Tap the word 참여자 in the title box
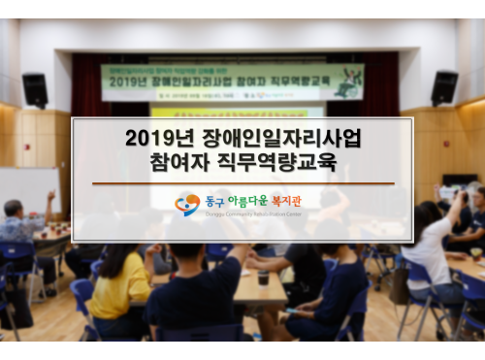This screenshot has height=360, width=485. pyautogui.click(x=182, y=162)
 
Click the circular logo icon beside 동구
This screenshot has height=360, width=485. pyautogui.click(x=187, y=204)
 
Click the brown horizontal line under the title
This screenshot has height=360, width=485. pyautogui.click(x=242, y=182)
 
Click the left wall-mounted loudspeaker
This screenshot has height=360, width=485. pyautogui.click(x=35, y=89)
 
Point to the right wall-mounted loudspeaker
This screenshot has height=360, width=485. pyautogui.click(x=444, y=87)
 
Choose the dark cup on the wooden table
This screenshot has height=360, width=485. pyautogui.click(x=263, y=278)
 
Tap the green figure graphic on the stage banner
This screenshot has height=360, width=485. pyautogui.click(x=346, y=82)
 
